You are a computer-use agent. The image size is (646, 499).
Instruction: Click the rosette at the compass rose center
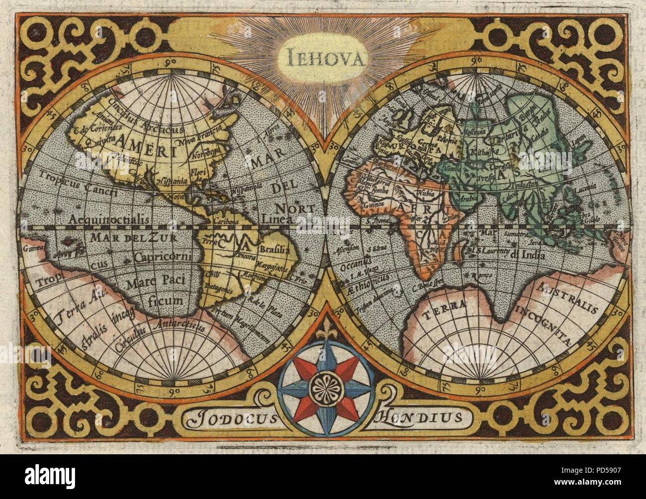point(324,385)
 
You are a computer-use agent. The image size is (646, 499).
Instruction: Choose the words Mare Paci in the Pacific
point(156,280)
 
